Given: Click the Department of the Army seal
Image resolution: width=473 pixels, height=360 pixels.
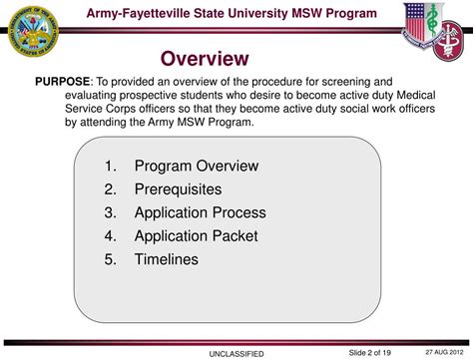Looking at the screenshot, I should tap(31, 30).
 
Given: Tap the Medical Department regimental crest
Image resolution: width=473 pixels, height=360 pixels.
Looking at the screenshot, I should tap(436, 28).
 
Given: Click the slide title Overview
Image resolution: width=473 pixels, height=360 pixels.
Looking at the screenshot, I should tap(205, 59).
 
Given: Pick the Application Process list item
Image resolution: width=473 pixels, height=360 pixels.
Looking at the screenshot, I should tap(201, 212).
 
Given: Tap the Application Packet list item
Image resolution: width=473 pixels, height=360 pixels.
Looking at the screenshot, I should tap(196, 236).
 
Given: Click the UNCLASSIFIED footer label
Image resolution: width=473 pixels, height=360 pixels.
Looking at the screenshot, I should tap(236, 353).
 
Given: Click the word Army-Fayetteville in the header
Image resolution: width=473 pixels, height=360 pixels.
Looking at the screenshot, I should tap(146, 13).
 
